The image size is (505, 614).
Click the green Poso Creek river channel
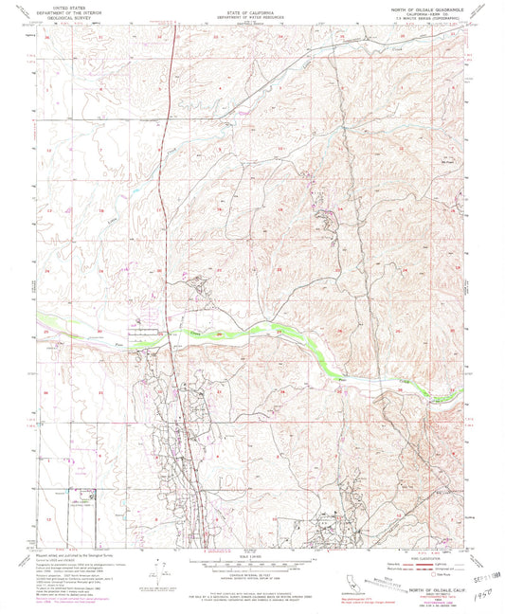284,334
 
